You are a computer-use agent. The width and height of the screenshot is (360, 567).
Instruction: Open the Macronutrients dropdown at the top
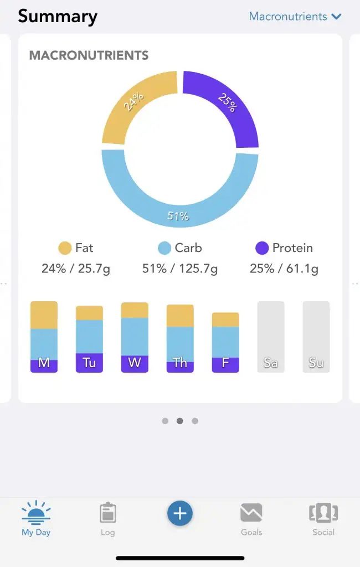click(295, 17)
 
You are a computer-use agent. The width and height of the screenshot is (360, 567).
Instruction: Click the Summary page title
click(58, 17)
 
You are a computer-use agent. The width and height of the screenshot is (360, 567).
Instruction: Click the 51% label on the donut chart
click(178, 217)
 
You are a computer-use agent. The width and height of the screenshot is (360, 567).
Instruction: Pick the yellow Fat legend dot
click(65, 248)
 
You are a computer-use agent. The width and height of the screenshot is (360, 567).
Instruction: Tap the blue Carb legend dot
click(164, 248)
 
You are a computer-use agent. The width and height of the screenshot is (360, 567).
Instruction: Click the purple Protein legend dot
click(262, 248)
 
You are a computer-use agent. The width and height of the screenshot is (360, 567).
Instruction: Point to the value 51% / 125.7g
click(180, 269)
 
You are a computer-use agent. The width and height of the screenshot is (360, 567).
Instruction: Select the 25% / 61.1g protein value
click(284, 269)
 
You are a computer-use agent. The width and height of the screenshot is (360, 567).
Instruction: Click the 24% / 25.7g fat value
click(76, 269)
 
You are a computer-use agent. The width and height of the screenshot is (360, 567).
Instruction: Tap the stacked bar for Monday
click(44, 337)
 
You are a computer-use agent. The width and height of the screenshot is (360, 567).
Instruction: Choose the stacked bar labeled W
click(135, 337)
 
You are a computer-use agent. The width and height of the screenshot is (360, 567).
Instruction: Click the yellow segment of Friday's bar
click(225, 319)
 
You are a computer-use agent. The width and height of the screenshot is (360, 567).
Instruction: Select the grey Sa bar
click(271, 337)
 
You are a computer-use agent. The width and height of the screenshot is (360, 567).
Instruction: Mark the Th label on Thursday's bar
click(180, 363)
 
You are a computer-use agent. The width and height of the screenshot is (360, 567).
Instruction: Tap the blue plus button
click(180, 514)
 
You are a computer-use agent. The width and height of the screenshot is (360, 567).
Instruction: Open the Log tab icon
click(108, 513)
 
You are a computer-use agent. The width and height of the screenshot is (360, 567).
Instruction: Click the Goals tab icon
click(251, 513)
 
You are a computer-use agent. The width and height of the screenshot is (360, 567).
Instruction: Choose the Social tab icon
click(323, 513)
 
